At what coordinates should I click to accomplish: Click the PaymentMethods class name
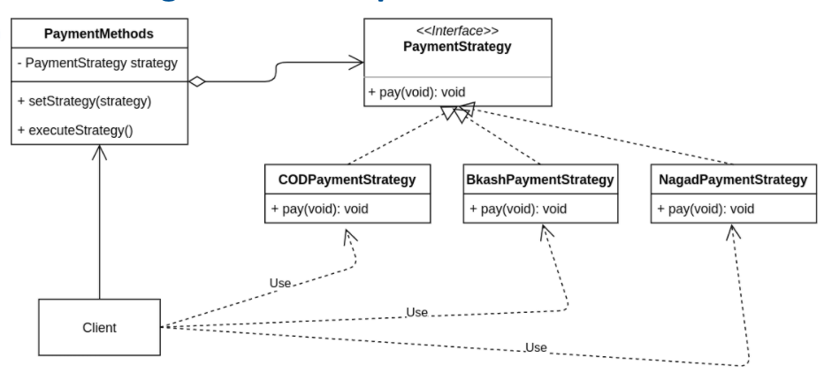[x=99, y=34]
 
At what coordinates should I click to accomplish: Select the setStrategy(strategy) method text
[x=85, y=101]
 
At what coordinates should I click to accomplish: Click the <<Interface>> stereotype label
[x=457, y=29]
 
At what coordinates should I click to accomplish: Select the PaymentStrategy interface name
[x=457, y=46]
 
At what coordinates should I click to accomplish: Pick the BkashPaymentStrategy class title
[x=539, y=180]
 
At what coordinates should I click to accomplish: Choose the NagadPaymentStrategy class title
[x=733, y=180]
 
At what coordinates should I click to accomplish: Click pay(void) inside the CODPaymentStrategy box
[x=320, y=209]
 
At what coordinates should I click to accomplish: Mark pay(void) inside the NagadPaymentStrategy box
[x=706, y=209]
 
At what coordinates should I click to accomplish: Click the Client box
[x=99, y=328]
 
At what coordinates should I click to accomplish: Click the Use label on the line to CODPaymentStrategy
[x=280, y=284]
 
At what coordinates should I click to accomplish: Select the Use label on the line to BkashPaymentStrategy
[x=417, y=313]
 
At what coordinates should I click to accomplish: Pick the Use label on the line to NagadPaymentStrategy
[x=536, y=347]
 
